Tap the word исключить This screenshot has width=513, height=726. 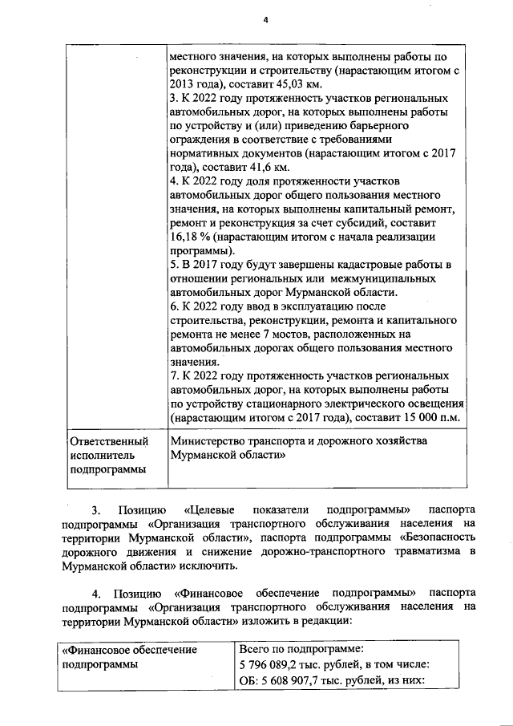(199, 566)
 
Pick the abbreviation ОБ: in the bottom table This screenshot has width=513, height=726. (250, 681)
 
